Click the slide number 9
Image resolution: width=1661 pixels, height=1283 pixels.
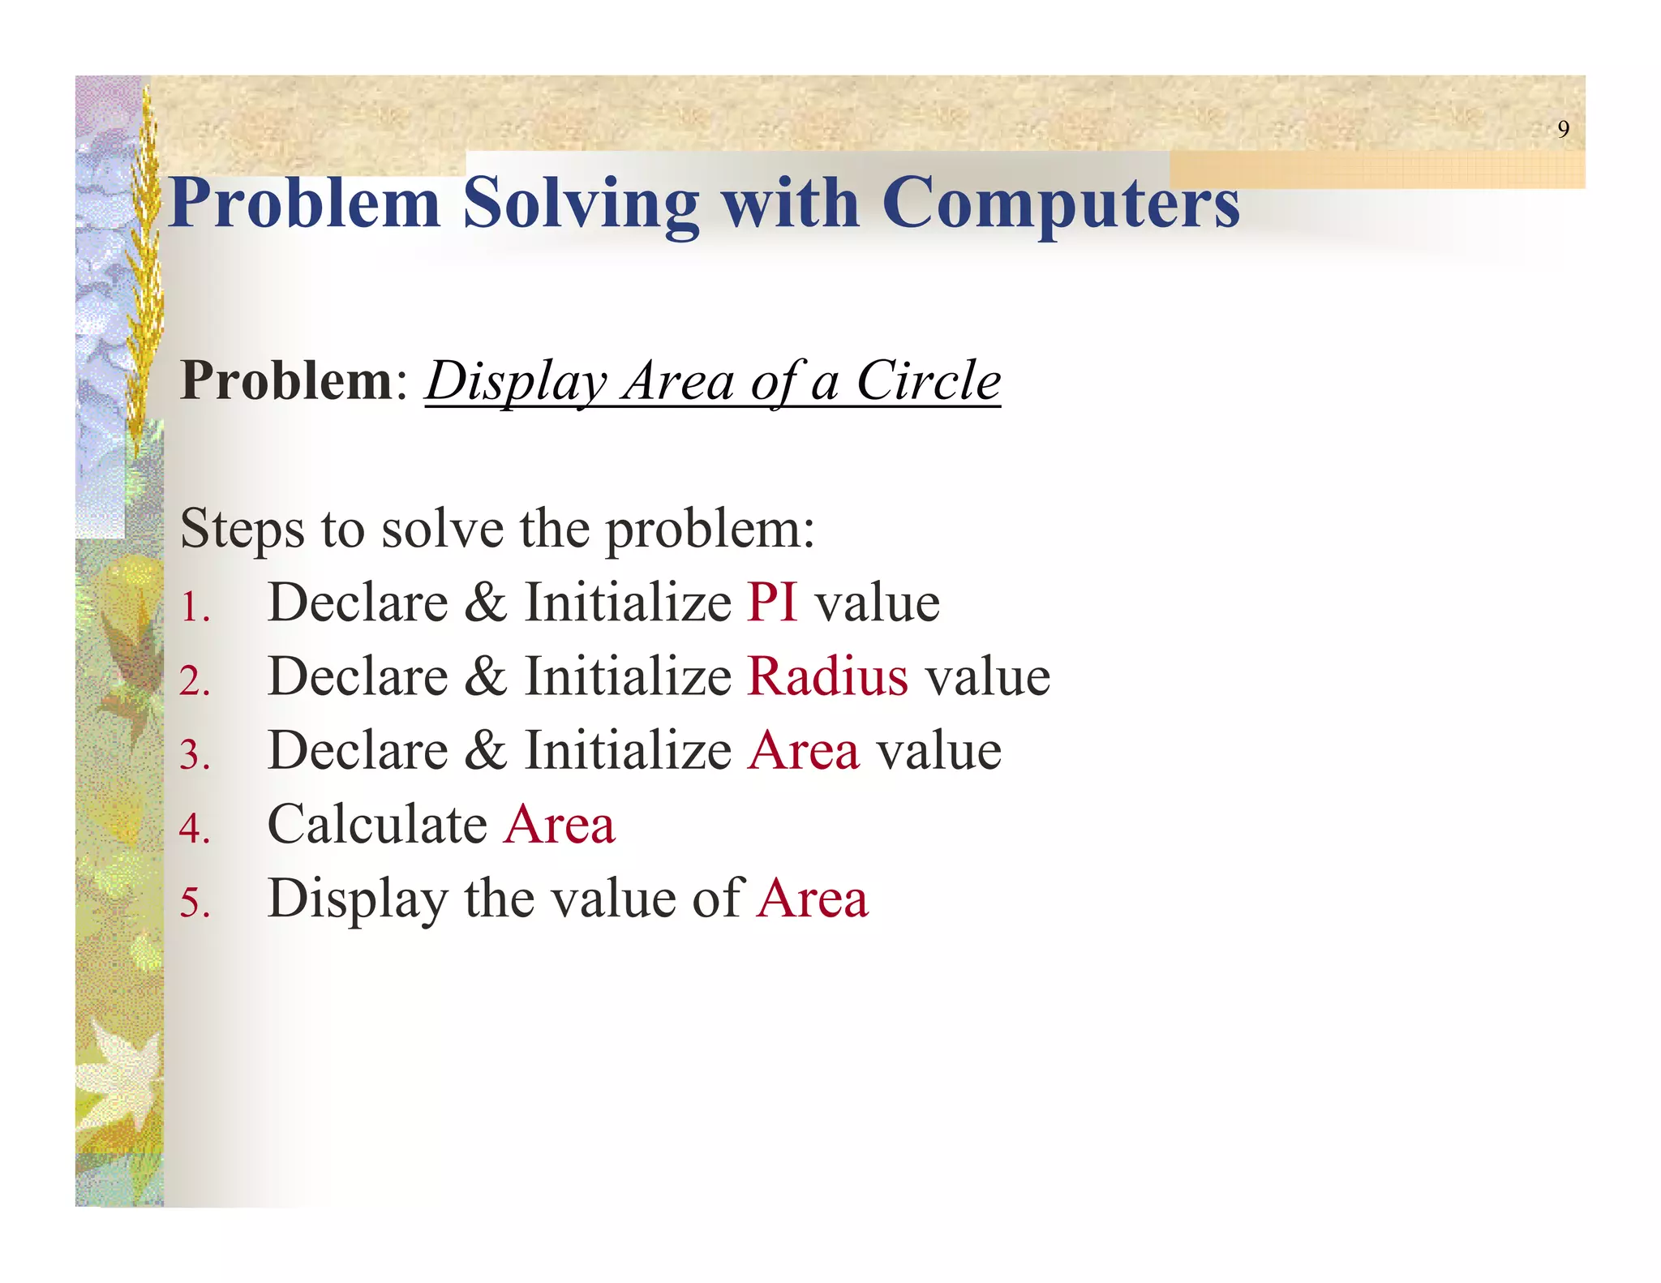click(1563, 129)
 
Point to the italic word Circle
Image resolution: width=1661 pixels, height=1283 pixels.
click(929, 380)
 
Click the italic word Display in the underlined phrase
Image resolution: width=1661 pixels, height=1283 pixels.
click(516, 380)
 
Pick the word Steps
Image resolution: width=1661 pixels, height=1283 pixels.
click(242, 529)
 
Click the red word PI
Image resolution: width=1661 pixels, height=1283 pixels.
click(772, 603)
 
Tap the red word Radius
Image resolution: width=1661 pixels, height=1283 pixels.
click(827, 676)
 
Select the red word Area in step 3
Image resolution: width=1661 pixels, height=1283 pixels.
click(804, 750)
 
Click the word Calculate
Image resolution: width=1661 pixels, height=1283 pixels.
click(377, 824)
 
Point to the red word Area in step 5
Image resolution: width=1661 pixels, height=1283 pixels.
click(813, 899)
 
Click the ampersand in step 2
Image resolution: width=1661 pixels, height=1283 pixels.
click(486, 676)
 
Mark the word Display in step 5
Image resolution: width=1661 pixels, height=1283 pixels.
click(358, 899)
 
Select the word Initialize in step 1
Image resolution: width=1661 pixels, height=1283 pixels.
click(628, 603)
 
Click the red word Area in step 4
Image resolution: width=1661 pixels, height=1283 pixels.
click(560, 824)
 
